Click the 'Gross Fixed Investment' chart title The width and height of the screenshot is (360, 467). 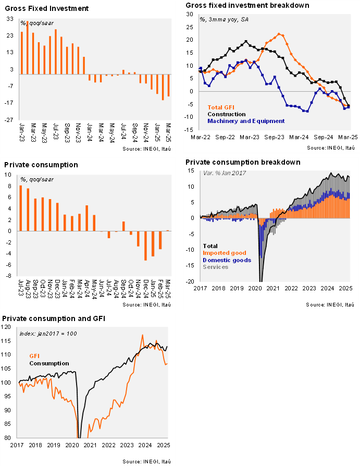(x=47, y=8)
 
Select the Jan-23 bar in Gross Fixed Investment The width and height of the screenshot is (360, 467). (x=21, y=53)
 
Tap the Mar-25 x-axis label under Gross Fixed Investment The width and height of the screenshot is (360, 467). (x=168, y=133)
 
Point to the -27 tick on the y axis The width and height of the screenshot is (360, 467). (x=9, y=120)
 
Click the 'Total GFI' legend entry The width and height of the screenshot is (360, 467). (x=221, y=107)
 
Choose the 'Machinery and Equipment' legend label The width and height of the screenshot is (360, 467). (x=246, y=121)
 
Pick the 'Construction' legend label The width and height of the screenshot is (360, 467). (x=227, y=114)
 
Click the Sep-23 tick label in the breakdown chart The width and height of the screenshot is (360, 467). (x=274, y=137)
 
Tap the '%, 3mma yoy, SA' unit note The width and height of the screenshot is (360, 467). (x=224, y=20)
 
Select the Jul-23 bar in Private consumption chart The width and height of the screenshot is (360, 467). (x=20, y=208)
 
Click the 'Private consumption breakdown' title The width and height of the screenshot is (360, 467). (x=243, y=162)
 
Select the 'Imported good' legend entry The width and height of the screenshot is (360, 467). (x=225, y=253)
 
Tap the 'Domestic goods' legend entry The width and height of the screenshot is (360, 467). (x=227, y=260)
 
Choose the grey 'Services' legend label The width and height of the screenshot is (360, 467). (x=216, y=267)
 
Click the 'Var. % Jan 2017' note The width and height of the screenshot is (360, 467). (x=225, y=173)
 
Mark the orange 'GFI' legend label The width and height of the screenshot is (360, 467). (x=34, y=356)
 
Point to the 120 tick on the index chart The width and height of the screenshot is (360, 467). (x=6, y=327)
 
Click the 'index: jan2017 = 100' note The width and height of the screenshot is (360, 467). (x=48, y=334)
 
